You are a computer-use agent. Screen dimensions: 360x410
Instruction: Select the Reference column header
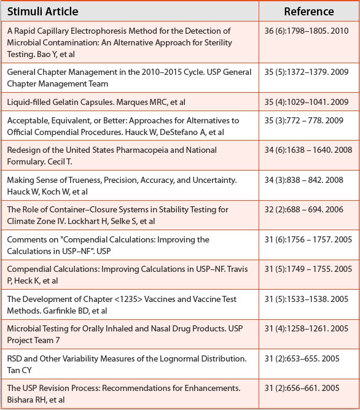(x=309, y=12)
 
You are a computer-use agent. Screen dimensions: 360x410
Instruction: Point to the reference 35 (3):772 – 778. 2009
(x=306, y=120)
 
